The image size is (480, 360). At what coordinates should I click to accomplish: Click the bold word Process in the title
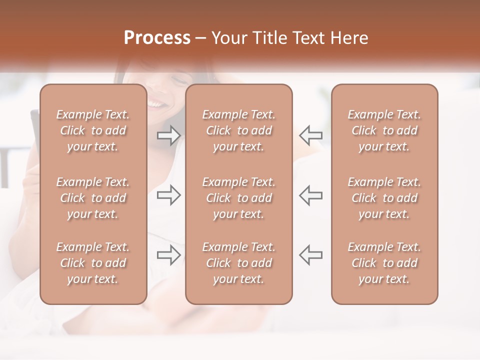pyautogui.click(x=157, y=38)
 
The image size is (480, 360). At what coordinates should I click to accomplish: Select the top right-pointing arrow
pyautogui.click(x=169, y=135)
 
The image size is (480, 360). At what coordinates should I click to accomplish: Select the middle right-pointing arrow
pyautogui.click(x=169, y=195)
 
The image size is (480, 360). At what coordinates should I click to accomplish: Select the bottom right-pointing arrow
pyautogui.click(x=169, y=254)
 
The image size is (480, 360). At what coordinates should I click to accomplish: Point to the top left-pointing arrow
pyautogui.click(x=310, y=135)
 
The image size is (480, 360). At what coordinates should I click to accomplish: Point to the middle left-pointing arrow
pyautogui.click(x=310, y=195)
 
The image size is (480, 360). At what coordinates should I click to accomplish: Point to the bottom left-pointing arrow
pyautogui.click(x=310, y=254)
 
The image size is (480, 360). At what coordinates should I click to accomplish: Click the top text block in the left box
pyautogui.click(x=93, y=130)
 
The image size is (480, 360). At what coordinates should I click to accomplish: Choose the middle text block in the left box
pyautogui.click(x=93, y=198)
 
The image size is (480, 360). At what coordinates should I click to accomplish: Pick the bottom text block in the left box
pyautogui.click(x=93, y=263)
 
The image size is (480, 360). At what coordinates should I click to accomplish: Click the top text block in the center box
pyautogui.click(x=239, y=130)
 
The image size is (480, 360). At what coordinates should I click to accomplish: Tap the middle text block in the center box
pyautogui.click(x=239, y=198)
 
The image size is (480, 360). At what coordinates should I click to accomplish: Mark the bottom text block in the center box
pyautogui.click(x=239, y=263)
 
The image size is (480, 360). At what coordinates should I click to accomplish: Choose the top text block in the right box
pyautogui.click(x=384, y=130)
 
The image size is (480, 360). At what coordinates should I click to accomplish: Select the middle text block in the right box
pyautogui.click(x=384, y=198)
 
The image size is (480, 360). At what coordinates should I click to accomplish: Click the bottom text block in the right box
pyautogui.click(x=384, y=263)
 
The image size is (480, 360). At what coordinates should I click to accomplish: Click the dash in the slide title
pyautogui.click(x=201, y=38)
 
